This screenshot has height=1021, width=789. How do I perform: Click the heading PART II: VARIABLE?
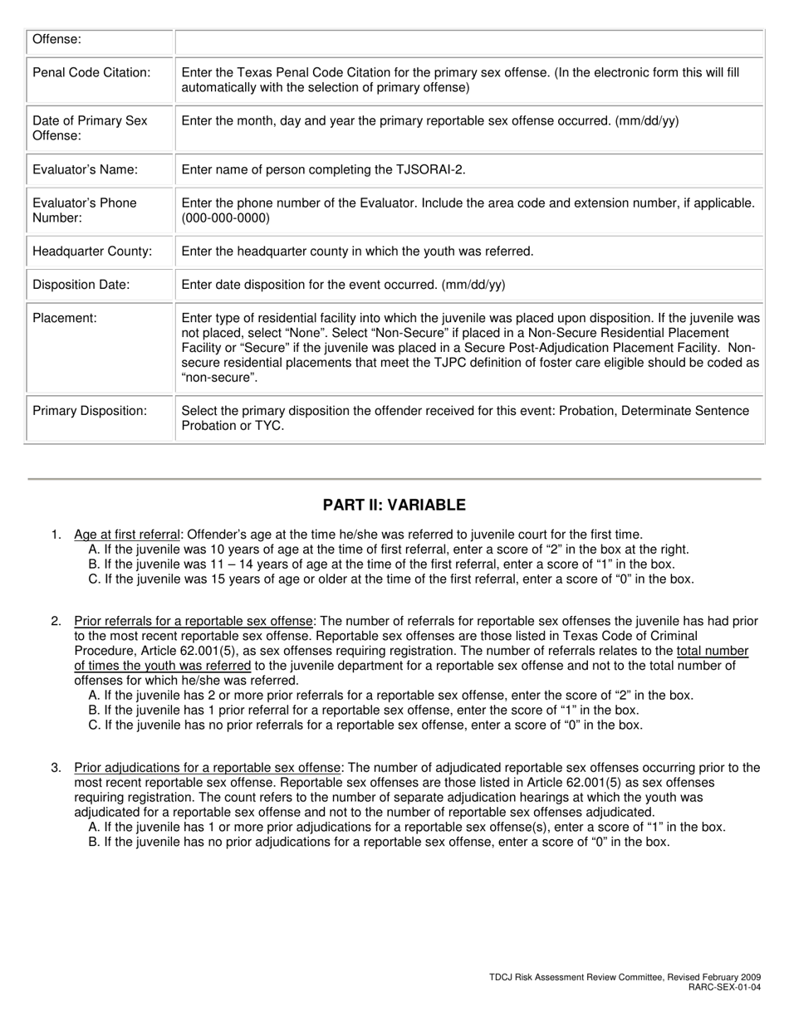pyautogui.click(x=394, y=505)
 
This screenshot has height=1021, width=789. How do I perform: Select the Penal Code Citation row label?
pyautogui.click(x=91, y=72)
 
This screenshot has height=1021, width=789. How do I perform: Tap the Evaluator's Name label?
pyautogui.click(x=85, y=169)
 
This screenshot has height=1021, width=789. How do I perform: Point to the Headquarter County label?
pyautogui.click(x=92, y=251)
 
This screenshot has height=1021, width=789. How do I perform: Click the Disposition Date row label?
pyautogui.click(x=81, y=284)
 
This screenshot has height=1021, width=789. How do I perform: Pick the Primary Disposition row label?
pyautogui.click(x=90, y=410)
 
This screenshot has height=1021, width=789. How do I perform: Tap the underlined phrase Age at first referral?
pyautogui.click(x=126, y=535)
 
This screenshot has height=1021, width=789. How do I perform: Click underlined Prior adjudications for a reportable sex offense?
pyautogui.click(x=207, y=768)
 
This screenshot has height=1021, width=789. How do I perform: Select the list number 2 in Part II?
pyautogui.click(x=56, y=621)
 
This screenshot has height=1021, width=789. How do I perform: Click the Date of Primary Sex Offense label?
pyautogui.click(x=90, y=128)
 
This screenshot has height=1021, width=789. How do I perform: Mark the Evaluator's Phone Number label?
pyautogui.click(x=84, y=210)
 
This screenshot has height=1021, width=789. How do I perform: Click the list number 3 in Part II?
pyautogui.click(x=56, y=768)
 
